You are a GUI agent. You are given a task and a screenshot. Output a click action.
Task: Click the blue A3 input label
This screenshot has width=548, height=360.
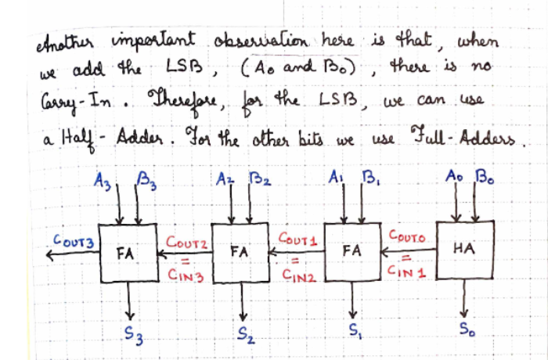tap(103, 182)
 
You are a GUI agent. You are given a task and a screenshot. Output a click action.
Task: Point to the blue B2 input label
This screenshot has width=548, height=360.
tap(260, 179)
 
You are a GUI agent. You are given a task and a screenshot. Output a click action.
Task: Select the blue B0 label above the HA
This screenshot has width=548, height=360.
tap(484, 177)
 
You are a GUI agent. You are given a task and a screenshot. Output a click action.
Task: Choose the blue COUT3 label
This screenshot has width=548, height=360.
tap(74, 241)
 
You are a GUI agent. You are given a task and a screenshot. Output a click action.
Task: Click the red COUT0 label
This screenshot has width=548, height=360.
tap(407, 236)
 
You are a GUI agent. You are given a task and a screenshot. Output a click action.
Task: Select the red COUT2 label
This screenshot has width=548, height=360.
tap(187, 242)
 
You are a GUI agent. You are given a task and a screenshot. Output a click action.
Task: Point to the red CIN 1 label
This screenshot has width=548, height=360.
tap(407, 271)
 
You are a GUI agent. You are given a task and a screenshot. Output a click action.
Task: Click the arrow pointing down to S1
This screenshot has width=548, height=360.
tap(353, 300)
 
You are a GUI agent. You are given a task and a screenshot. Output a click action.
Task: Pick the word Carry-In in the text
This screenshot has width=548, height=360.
tap(76, 102)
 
